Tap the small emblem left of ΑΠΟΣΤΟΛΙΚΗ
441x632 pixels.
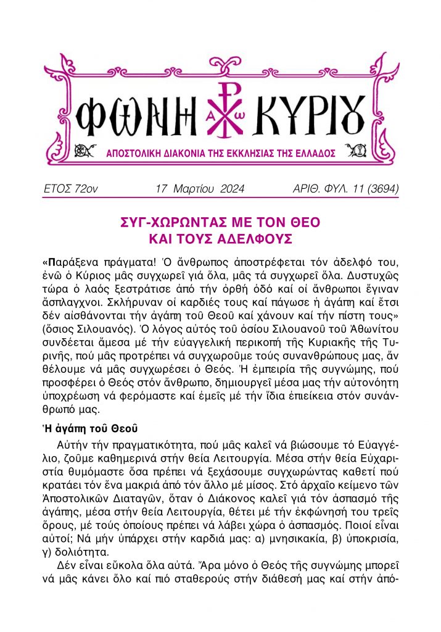[x=79, y=151]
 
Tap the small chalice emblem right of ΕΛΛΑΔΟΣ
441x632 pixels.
[x=353, y=151]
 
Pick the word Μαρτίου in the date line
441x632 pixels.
[x=194, y=188]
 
